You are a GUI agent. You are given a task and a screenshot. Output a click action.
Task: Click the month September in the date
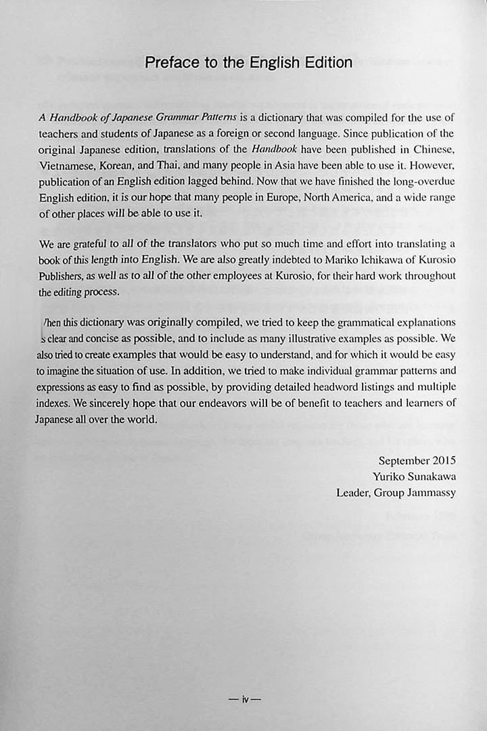click(x=402, y=462)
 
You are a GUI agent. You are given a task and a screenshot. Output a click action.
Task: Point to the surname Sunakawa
click(x=429, y=477)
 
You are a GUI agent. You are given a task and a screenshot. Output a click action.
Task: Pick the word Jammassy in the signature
click(x=432, y=493)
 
